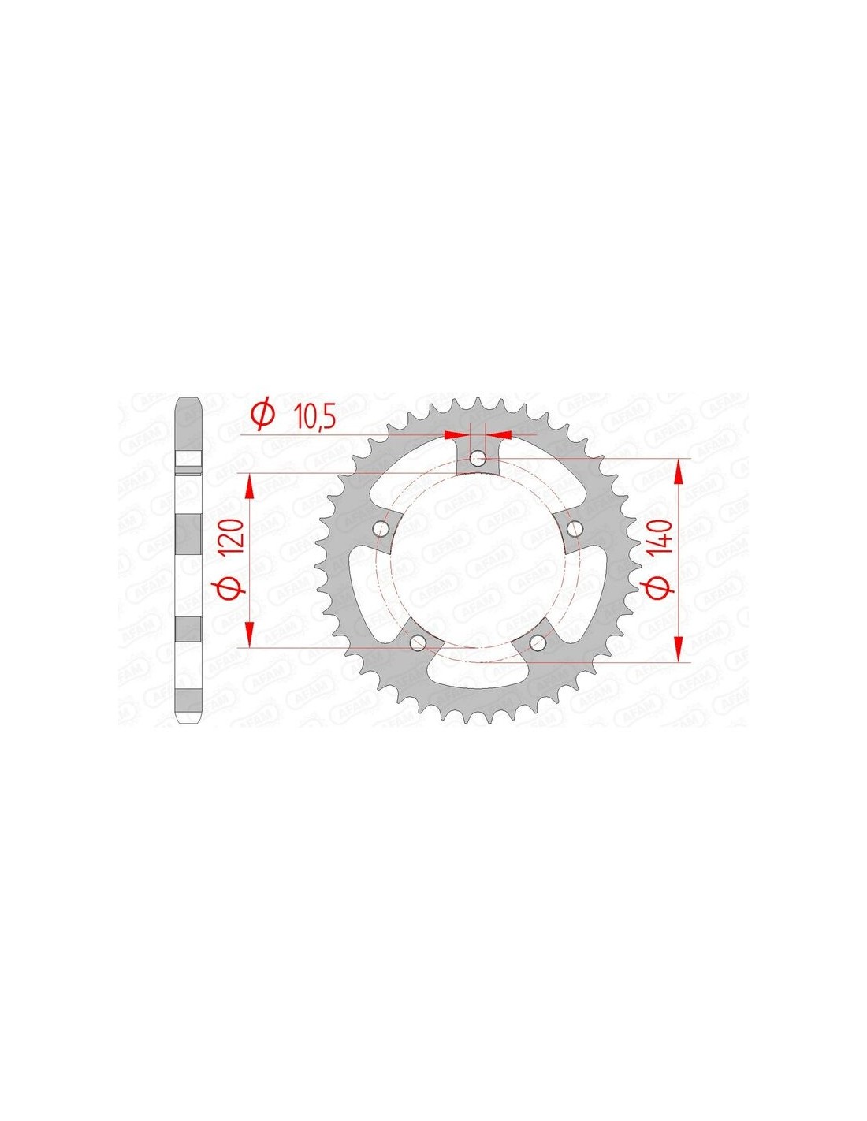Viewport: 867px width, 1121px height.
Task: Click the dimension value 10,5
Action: (315, 416)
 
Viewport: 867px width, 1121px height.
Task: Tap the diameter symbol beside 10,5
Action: (263, 415)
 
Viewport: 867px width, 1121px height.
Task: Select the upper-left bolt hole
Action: (381, 527)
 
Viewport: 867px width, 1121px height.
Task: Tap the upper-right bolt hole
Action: (574, 527)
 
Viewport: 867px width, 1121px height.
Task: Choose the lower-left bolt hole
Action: (418, 642)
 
